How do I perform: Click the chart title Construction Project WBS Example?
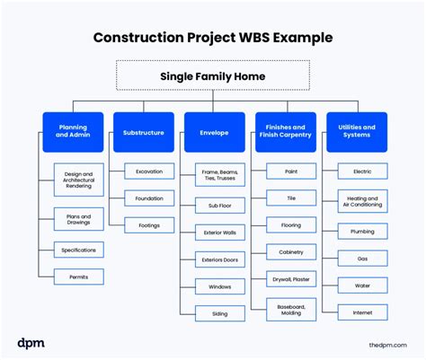213,38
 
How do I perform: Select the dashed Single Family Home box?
213,76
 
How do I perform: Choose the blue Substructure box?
143,132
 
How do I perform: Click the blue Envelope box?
214,132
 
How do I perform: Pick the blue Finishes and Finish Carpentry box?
285,132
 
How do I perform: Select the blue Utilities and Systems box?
356,132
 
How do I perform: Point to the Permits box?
79,277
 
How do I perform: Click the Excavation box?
149,171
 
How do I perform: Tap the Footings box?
149,226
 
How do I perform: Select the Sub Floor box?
220,206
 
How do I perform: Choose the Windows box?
220,286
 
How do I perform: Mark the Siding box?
220,313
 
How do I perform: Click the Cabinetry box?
291,252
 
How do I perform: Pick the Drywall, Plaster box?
291,280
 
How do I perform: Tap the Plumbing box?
362,231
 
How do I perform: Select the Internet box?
362,313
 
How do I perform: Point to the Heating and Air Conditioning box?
362,201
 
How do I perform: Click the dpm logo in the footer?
31,343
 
